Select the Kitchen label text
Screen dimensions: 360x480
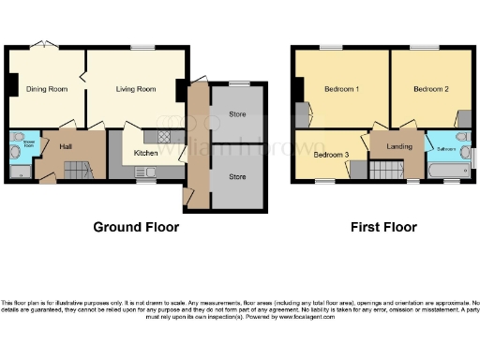(x=145, y=152)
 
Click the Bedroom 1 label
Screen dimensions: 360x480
(x=342, y=89)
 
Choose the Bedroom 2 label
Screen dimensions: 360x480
(x=431, y=89)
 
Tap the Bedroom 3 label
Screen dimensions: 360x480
(x=331, y=154)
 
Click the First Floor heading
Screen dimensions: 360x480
(x=383, y=227)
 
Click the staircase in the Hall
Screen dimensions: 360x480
(x=75, y=170)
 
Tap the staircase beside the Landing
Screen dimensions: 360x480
(x=384, y=171)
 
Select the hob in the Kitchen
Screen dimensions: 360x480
(x=164, y=137)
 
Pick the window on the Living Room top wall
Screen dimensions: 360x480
(x=142, y=47)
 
